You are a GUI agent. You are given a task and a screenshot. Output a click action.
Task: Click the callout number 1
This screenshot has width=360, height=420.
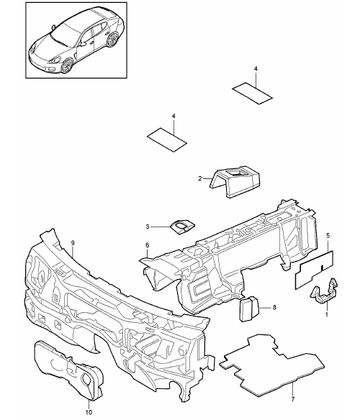pyautogui.click(x=326, y=314)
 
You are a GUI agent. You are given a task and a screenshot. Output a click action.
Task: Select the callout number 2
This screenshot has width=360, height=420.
pyautogui.click(x=200, y=178)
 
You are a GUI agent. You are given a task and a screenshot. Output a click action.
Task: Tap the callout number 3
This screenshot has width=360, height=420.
pyautogui.click(x=148, y=227)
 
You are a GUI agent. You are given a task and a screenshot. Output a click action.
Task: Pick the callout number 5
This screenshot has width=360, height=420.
pyautogui.click(x=328, y=235)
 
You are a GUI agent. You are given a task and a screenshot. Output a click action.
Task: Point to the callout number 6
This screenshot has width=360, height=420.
pyautogui.click(x=147, y=245)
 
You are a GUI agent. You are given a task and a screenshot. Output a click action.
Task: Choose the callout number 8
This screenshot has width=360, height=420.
pyautogui.click(x=274, y=308)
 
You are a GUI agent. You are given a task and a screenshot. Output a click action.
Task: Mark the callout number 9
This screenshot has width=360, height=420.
pyautogui.click(x=73, y=242)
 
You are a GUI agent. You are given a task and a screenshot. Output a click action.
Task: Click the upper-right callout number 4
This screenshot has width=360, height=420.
pyautogui.click(x=256, y=69)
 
